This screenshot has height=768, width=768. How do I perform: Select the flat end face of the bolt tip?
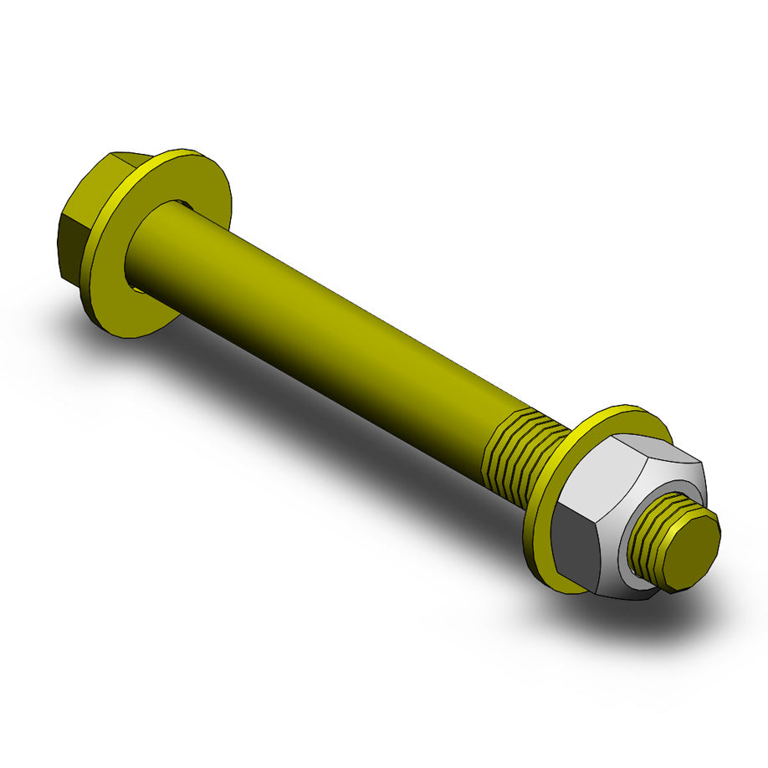694,552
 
